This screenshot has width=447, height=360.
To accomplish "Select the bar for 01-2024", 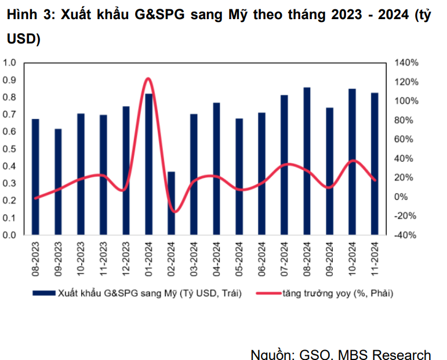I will click(x=148, y=165).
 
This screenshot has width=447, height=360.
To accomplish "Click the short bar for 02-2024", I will click(x=171, y=203).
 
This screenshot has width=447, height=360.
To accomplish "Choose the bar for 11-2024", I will click(x=375, y=164).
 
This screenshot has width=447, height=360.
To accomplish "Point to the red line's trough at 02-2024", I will click(x=172, y=211).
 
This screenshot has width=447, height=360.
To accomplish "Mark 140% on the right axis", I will click(x=406, y=63).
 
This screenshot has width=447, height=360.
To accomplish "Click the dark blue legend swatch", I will click(x=43, y=293).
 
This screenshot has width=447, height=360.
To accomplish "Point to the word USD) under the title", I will click(x=22, y=39).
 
